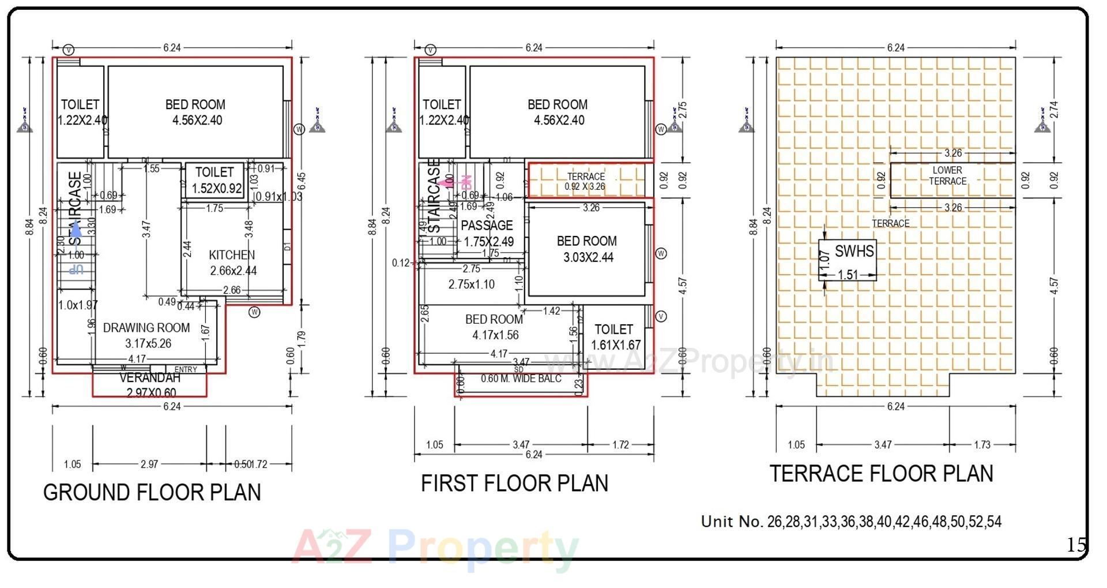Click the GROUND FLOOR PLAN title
152,492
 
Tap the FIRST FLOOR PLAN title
514,483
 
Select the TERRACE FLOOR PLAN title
881,473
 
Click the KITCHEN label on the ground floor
232,254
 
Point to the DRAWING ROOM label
146,328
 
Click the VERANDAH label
150,378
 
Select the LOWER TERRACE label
947,175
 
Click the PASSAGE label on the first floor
487,225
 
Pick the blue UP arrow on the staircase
76,229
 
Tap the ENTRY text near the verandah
186,369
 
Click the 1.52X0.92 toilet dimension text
217,188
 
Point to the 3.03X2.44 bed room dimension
588,257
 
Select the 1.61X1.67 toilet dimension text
616,345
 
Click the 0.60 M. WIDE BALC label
521,379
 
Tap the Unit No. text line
851,522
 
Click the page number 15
1075,545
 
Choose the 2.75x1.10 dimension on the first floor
471,284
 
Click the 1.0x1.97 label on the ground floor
78,305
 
